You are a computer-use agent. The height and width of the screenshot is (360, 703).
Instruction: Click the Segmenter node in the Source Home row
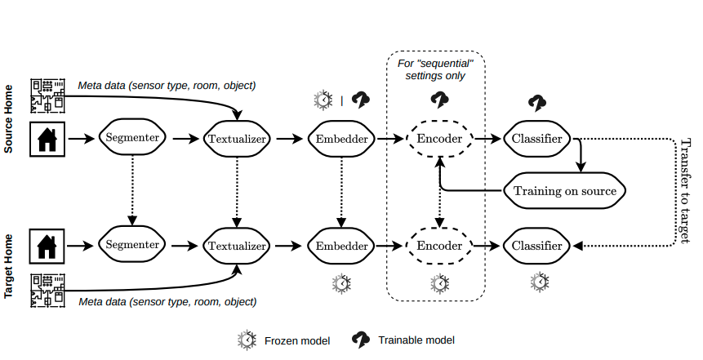point(132,139)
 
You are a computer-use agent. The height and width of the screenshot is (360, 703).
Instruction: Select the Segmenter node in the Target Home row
point(132,244)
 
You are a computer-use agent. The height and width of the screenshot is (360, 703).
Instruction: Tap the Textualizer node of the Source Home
point(237,139)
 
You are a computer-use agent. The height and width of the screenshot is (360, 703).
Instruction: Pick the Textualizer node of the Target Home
point(237,244)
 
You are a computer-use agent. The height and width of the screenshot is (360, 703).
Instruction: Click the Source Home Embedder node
point(341,139)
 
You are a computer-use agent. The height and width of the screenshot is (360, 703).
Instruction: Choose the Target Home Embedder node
point(341,244)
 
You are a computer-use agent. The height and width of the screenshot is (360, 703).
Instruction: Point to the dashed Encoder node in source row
point(439,139)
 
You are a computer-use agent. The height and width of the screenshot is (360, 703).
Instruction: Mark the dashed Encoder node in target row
point(439,244)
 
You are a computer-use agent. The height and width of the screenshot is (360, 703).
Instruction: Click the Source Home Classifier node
point(536,139)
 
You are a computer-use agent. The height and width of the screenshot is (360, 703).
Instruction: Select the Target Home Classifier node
point(536,244)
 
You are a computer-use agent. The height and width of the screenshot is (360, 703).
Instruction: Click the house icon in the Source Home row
point(48,139)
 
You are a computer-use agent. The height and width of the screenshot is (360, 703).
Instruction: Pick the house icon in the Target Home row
point(48,244)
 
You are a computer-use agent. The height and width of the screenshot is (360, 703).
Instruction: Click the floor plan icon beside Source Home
point(48,95)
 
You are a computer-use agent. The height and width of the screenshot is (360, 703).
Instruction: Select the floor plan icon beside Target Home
point(48,291)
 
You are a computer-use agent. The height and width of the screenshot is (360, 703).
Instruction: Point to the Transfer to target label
point(684,190)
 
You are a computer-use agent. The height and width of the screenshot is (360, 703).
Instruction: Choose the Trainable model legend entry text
point(416,340)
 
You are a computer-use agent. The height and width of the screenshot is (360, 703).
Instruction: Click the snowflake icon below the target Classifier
point(539,282)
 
